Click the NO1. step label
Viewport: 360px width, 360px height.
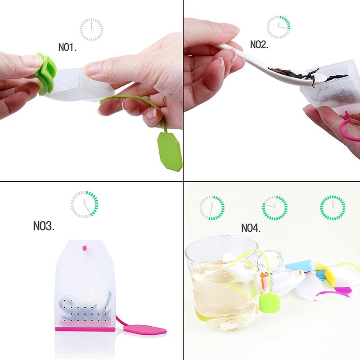[67, 47]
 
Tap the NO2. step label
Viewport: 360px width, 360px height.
[259, 45]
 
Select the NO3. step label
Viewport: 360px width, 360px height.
[44, 226]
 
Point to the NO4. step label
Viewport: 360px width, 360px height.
[251, 228]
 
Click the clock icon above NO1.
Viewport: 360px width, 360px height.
[92, 30]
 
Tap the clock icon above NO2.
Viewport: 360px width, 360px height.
[278, 27]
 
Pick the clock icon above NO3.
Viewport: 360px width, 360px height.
[85, 204]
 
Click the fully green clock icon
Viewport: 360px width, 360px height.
[333, 208]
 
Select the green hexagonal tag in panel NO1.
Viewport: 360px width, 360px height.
[170, 152]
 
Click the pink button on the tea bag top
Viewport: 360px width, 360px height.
[85, 248]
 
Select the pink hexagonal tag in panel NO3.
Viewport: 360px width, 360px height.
[145, 329]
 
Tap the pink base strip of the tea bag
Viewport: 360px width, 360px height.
[85, 329]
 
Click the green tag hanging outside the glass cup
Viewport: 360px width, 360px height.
[270, 302]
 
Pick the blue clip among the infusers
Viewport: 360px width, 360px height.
[300, 266]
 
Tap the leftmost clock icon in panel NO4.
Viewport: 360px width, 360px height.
[212, 208]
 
